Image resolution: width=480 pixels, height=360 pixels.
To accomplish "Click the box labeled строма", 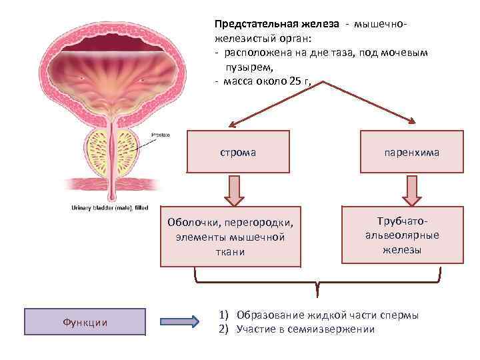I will [238, 153].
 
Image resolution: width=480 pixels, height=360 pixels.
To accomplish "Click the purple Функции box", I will [85, 322].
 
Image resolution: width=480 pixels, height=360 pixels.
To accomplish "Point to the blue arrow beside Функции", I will [181, 322].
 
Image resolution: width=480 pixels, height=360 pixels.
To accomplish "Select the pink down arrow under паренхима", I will [411, 190].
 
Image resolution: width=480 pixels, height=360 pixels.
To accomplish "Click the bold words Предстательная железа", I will [276, 24].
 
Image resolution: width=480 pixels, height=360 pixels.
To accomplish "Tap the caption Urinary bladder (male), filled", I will [109, 207].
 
